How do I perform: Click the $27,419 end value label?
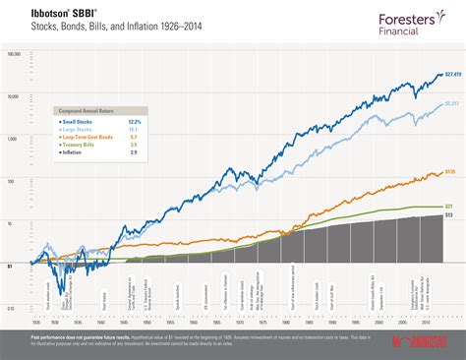pos(452,75)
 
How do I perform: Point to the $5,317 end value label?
pos(451,103)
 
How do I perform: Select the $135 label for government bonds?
pos(450,172)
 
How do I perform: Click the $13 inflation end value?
pos(449,214)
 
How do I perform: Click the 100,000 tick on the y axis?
pos(12,55)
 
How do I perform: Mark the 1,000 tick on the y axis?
pos(13,139)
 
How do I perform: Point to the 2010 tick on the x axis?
pos(426,321)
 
